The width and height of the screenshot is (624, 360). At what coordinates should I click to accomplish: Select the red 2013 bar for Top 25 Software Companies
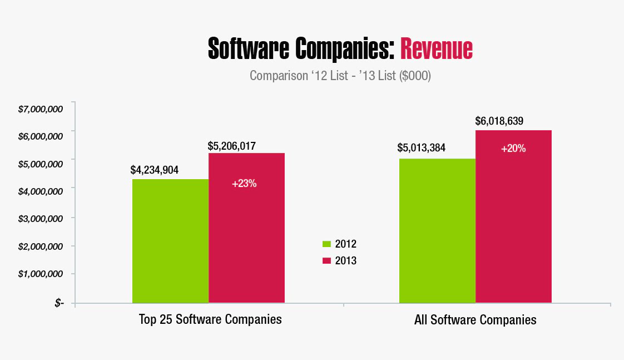pos(246,228)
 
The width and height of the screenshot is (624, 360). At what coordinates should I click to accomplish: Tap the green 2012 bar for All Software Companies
pos(437,231)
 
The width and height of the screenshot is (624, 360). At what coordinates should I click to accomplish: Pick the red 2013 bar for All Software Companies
pos(513,217)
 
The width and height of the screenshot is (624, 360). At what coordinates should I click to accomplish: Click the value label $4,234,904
pos(154,170)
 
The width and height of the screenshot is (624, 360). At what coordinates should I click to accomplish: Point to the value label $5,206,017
pos(231,146)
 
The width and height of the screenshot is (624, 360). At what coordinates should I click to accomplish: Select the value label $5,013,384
pos(421,149)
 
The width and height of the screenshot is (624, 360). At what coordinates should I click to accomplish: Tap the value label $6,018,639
pos(499,121)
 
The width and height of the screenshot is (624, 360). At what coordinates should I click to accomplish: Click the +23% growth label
pos(244,183)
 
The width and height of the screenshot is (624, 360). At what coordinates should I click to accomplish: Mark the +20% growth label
pos(513,149)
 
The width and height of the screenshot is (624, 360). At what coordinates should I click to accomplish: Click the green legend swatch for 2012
pos(326,244)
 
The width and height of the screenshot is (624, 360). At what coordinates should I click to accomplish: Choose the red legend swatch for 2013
pos(326,260)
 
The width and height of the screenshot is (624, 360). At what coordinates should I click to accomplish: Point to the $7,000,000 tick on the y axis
pos(40,109)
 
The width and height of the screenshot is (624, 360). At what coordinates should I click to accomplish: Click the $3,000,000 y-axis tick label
pos(40,218)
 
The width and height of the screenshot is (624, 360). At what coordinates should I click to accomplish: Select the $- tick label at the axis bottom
pos(60,303)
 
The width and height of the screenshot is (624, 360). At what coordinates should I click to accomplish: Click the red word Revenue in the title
pos(436,49)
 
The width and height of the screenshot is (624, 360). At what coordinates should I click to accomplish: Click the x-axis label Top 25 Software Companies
pos(210,320)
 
